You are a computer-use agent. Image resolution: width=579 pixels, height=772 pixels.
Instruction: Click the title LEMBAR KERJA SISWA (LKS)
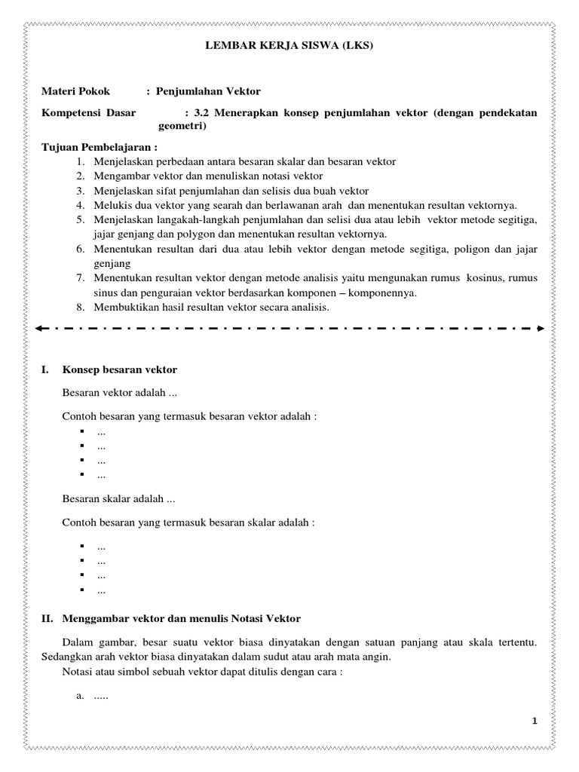[289, 46]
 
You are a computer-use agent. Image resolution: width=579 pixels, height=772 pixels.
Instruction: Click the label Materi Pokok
[75, 91]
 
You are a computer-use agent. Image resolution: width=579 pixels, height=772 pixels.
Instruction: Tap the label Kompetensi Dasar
[88, 113]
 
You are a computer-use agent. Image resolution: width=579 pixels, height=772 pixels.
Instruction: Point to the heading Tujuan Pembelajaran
[100, 148]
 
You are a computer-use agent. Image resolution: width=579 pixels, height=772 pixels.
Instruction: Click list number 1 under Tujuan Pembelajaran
[81, 162]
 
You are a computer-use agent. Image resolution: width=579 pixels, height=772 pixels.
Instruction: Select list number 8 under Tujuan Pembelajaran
[81, 307]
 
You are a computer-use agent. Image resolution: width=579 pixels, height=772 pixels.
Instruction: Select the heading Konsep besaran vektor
[120, 369]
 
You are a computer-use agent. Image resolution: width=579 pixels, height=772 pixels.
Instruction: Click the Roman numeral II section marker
[46, 619]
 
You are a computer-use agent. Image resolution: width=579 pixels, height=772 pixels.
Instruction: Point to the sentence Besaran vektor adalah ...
[120, 393]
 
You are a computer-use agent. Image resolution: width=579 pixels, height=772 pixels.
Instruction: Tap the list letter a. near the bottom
[81, 696]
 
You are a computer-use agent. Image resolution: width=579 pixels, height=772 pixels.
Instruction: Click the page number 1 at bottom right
[534, 721]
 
